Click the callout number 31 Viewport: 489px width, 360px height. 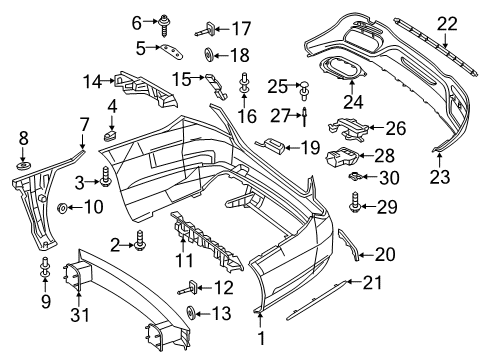coord(80,315)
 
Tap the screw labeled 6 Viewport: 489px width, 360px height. coord(164,25)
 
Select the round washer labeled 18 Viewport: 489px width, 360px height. coord(209,55)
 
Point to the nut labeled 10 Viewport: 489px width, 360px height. coord(62,208)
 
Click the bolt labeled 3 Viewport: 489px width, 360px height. coord(105,177)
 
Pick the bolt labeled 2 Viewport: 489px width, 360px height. coord(140,241)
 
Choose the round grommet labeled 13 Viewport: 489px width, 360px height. coord(191,314)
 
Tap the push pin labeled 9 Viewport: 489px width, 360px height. coord(45,268)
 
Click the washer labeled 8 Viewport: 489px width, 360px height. coord(23,165)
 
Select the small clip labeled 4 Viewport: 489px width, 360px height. coord(110,136)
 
